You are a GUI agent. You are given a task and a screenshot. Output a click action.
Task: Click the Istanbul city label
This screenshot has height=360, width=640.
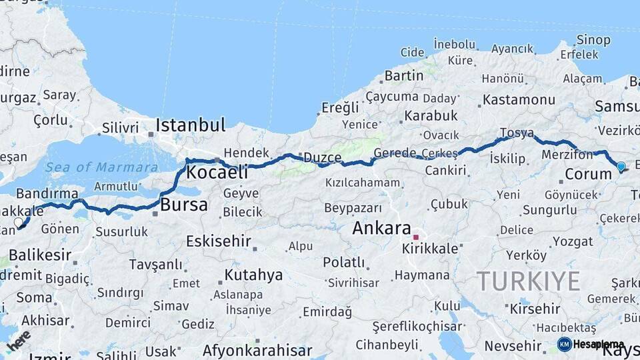(191, 125)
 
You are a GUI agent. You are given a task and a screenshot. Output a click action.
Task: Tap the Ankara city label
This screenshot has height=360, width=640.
(381, 228)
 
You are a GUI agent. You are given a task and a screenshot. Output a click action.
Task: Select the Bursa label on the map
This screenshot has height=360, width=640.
(184, 205)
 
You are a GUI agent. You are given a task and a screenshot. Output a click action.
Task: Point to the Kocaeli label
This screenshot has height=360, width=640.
(217, 172)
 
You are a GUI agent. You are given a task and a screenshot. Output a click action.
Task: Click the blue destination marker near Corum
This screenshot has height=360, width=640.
(621, 167)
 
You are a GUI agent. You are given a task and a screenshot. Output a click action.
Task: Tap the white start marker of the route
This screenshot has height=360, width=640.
(19, 223)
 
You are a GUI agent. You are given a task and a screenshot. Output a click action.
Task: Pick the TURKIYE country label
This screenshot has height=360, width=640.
(528, 281)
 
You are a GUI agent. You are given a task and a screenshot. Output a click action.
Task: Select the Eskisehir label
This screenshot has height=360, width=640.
(218, 241)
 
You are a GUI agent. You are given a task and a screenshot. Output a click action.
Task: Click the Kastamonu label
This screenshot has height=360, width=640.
(519, 100)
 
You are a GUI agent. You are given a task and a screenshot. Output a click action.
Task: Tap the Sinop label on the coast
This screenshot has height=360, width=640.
(593, 40)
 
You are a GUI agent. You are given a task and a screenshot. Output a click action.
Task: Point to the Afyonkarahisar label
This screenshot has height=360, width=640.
(257, 350)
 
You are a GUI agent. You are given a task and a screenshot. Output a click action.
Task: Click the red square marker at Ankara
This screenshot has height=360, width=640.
(415, 237)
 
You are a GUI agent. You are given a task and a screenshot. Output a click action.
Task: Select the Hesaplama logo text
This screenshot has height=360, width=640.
(598, 345)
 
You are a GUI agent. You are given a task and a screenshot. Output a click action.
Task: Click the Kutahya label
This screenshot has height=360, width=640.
(253, 275)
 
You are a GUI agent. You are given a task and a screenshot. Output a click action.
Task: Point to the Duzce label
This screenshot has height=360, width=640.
(323, 158)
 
